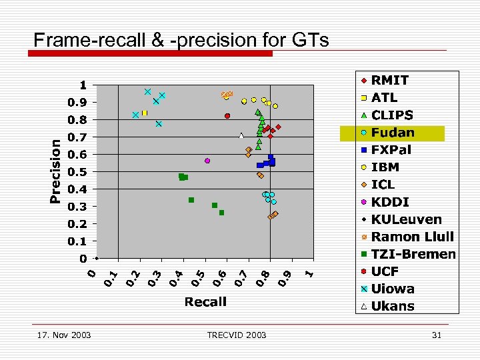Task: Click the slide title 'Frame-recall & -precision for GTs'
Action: pos(181,40)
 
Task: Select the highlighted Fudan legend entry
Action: pos(393,133)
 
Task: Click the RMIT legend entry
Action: pos(390,80)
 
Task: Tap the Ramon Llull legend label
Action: pos(412,237)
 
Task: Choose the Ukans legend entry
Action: pos(393,307)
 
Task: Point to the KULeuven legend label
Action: pos(406,219)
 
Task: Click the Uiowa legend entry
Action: pos(393,289)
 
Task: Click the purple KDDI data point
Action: pos(207,161)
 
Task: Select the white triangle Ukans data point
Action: pos(241,136)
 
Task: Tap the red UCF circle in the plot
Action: pos(227,116)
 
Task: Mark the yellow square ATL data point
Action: pos(144,113)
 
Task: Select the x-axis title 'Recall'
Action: pos(205,302)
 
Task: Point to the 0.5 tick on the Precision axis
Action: pos(79,172)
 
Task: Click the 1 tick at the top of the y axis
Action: pos(83,85)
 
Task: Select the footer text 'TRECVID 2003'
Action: pos(237,335)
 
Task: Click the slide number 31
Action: pos(437,335)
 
